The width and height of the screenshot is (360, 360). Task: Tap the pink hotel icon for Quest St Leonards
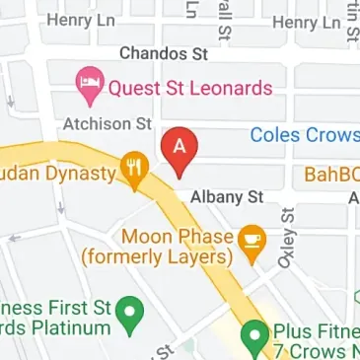coord(89,87)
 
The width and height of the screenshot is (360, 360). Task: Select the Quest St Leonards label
coord(189,87)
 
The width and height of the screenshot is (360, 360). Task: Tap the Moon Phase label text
coord(177,237)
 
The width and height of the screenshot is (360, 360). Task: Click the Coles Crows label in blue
coord(304,135)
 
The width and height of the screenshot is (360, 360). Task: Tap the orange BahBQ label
coord(331,176)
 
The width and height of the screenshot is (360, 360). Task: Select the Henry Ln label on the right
coord(307,21)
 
